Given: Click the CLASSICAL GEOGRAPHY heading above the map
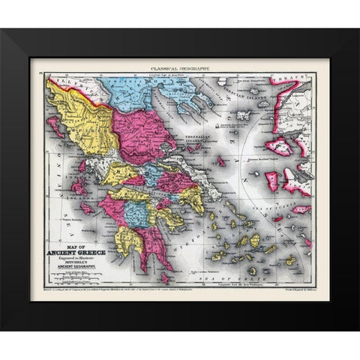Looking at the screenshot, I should coord(181,67).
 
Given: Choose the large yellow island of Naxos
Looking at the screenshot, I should coord(254,240).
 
